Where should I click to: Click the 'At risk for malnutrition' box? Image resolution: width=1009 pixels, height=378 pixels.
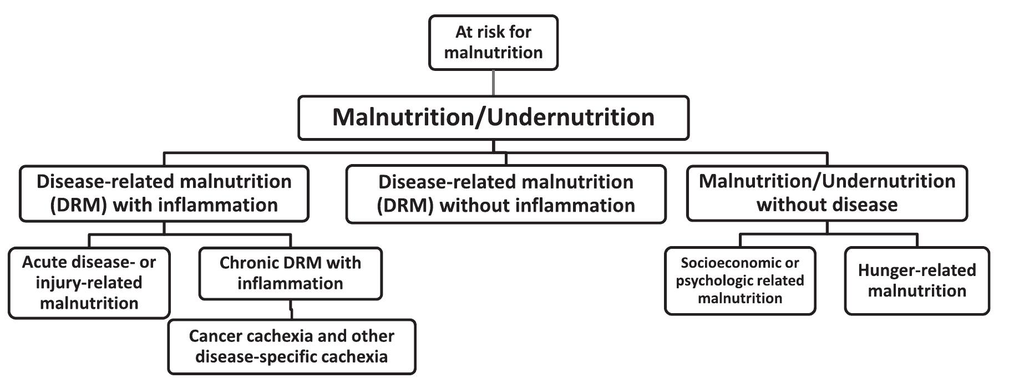pos(493,43)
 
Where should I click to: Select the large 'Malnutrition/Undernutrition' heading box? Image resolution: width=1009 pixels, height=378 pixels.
pos(493,118)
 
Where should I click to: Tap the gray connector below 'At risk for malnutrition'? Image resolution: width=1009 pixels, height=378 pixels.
pos(493,83)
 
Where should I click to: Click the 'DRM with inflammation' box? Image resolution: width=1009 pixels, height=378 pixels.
pos(164,193)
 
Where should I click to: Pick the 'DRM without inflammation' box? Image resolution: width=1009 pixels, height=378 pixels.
pos(505,194)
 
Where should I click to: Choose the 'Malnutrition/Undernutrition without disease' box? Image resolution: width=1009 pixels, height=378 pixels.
pos(827,193)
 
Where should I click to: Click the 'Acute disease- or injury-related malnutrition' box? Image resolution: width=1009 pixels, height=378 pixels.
pos(89,283)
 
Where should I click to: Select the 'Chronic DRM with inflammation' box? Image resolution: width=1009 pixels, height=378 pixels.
pos(290,273)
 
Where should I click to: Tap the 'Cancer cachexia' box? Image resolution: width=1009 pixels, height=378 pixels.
pos(291,346)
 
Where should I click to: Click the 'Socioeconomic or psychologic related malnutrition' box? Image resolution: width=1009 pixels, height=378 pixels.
pos(740,280)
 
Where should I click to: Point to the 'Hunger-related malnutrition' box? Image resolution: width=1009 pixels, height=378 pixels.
pos(916,280)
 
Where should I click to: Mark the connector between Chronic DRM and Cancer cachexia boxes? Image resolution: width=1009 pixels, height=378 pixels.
pos(291,310)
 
